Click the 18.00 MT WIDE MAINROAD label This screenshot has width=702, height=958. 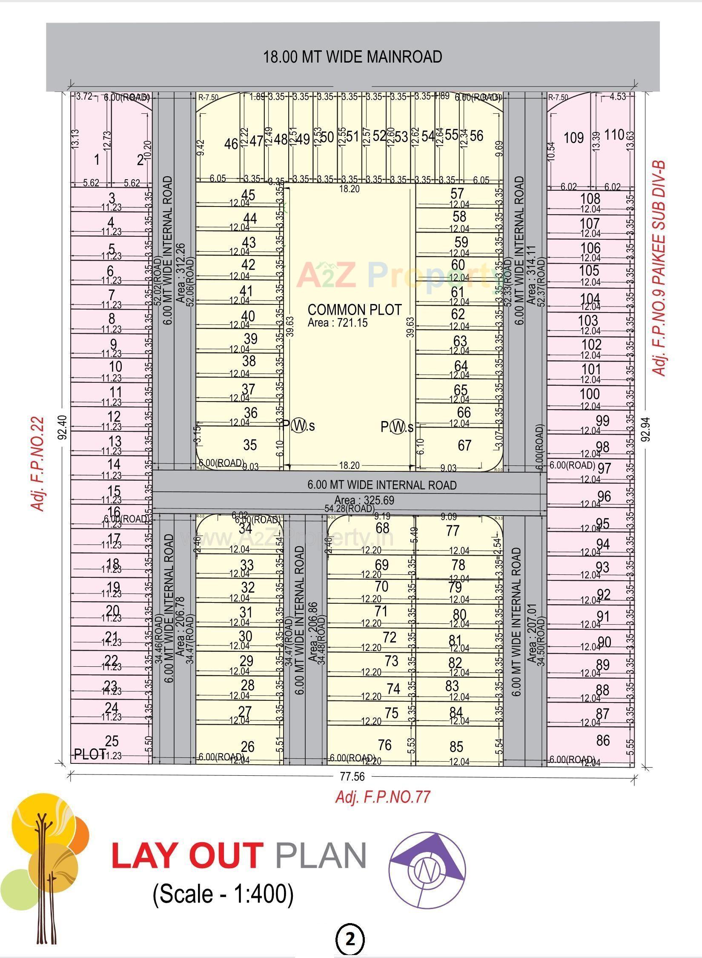[x=352, y=57]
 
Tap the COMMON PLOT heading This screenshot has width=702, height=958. [x=354, y=310]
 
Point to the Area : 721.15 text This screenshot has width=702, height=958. [x=337, y=323]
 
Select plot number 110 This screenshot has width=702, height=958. [x=614, y=135]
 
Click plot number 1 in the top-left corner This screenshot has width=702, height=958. [x=97, y=160]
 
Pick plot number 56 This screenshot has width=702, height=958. [x=477, y=135]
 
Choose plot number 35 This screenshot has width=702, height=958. [x=250, y=445]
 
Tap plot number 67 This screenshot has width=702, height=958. [x=464, y=445]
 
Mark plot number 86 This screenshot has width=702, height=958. [x=603, y=740]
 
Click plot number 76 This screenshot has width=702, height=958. [x=384, y=745]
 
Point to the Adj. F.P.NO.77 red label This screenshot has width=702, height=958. [x=383, y=797]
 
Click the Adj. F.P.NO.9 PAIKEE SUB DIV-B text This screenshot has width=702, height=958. [x=659, y=268]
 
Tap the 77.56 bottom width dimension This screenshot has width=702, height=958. [x=353, y=777]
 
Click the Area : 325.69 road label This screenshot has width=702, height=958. [x=364, y=500]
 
